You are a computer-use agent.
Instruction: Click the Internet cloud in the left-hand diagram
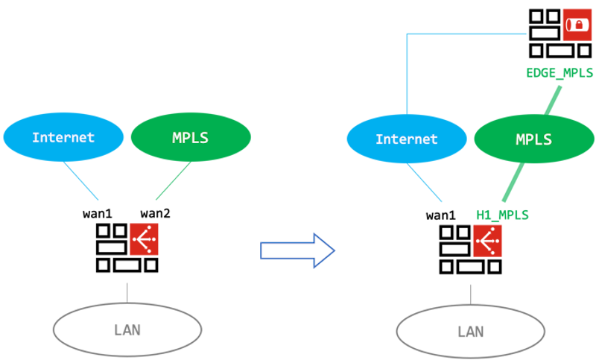pyautogui.click(x=63, y=137)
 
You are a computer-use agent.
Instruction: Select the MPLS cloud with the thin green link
pyautogui.click(x=191, y=137)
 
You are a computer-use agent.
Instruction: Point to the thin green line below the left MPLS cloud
pyautogui.click(x=173, y=182)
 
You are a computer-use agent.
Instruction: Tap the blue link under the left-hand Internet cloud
pyautogui.click(x=81, y=182)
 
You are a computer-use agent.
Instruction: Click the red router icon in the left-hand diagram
pyautogui.click(x=144, y=239)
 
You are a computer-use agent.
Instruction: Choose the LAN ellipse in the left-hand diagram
pyautogui.click(x=127, y=329)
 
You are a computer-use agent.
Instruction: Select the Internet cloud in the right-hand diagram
pyautogui.click(x=407, y=139)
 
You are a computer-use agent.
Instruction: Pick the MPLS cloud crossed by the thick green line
pyautogui.click(x=534, y=139)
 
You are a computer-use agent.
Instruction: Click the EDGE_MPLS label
pyautogui.click(x=559, y=72)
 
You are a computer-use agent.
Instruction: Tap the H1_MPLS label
pyautogui.click(x=502, y=215)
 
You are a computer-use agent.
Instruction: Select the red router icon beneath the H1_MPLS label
pyautogui.click(x=487, y=241)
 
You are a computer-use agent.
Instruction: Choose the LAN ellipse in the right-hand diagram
pyautogui.click(x=471, y=331)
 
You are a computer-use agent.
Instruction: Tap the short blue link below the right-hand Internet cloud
pyautogui.click(x=425, y=183)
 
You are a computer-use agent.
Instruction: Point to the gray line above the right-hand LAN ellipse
pyautogui.click(x=471, y=293)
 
